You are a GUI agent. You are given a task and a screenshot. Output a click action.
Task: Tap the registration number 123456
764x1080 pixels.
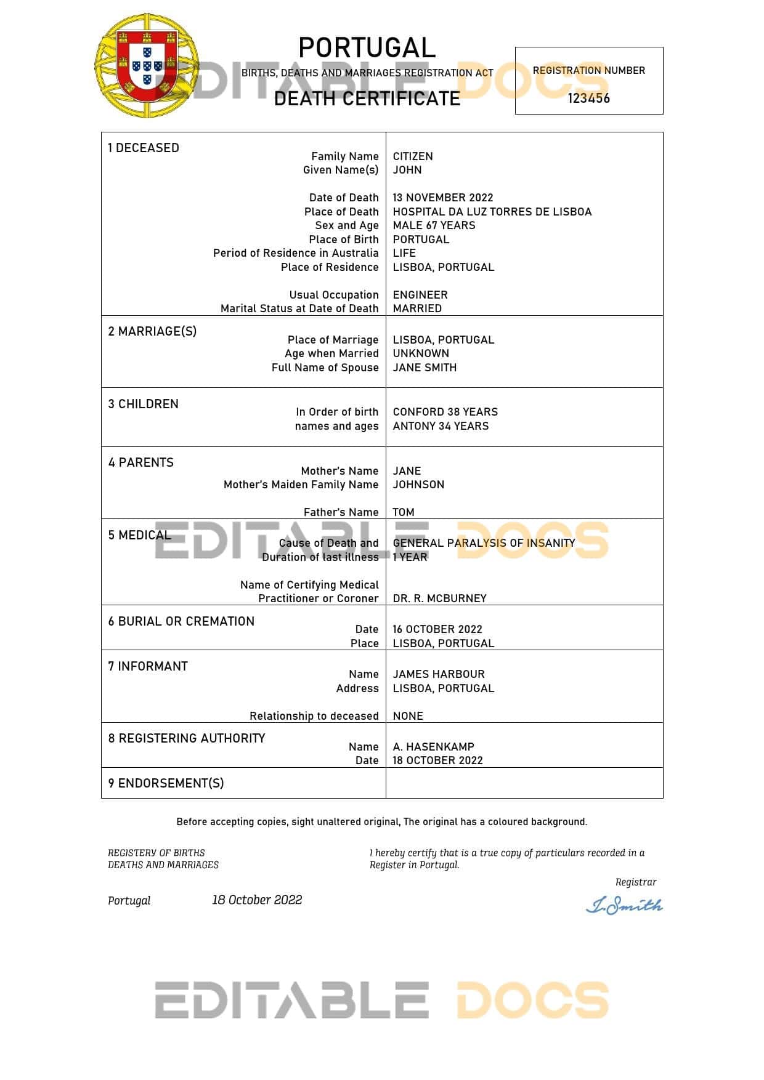pyautogui.click(x=588, y=99)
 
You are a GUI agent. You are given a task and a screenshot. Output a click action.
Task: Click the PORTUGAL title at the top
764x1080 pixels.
pyautogui.click(x=367, y=48)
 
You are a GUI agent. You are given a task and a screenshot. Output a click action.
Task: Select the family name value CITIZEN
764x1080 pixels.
pyautogui.click(x=413, y=156)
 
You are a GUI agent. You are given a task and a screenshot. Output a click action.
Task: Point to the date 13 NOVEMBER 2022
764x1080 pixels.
pyautogui.click(x=443, y=198)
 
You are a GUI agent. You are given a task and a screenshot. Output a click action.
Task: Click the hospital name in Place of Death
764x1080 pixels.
pyautogui.click(x=492, y=212)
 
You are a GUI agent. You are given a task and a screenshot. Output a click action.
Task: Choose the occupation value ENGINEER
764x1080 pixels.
pyautogui.click(x=420, y=295)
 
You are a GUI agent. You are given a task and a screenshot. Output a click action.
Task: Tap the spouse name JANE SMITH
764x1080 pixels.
pyautogui.click(x=425, y=368)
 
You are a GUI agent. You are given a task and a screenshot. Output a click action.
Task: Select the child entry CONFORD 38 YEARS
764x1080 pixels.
pyautogui.click(x=445, y=412)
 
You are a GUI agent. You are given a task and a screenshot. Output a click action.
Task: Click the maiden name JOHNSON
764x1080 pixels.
pyautogui.click(x=418, y=485)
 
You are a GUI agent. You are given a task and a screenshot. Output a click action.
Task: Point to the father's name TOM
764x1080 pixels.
pyautogui.click(x=404, y=512)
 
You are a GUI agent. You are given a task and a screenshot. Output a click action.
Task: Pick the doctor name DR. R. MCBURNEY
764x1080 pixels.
pyautogui.click(x=439, y=598)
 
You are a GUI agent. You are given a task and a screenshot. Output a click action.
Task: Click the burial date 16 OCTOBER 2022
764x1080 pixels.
pyautogui.click(x=437, y=629)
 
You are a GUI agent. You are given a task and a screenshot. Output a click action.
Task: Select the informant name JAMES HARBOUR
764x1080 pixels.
pyautogui.click(x=439, y=674)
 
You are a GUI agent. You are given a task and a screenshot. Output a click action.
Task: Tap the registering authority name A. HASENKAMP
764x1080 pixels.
pyautogui.click(x=434, y=747)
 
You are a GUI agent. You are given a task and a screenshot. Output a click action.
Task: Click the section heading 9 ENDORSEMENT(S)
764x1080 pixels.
pyautogui.click(x=166, y=783)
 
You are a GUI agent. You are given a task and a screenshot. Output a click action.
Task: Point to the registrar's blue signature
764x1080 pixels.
pyautogui.click(x=624, y=905)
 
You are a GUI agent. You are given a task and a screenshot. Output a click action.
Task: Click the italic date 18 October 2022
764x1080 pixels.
pyautogui.click(x=257, y=900)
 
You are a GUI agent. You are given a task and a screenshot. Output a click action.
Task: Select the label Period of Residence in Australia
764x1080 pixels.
pyautogui.click(x=296, y=253)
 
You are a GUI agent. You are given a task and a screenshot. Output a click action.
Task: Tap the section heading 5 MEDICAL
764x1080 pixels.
pyautogui.click(x=139, y=535)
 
